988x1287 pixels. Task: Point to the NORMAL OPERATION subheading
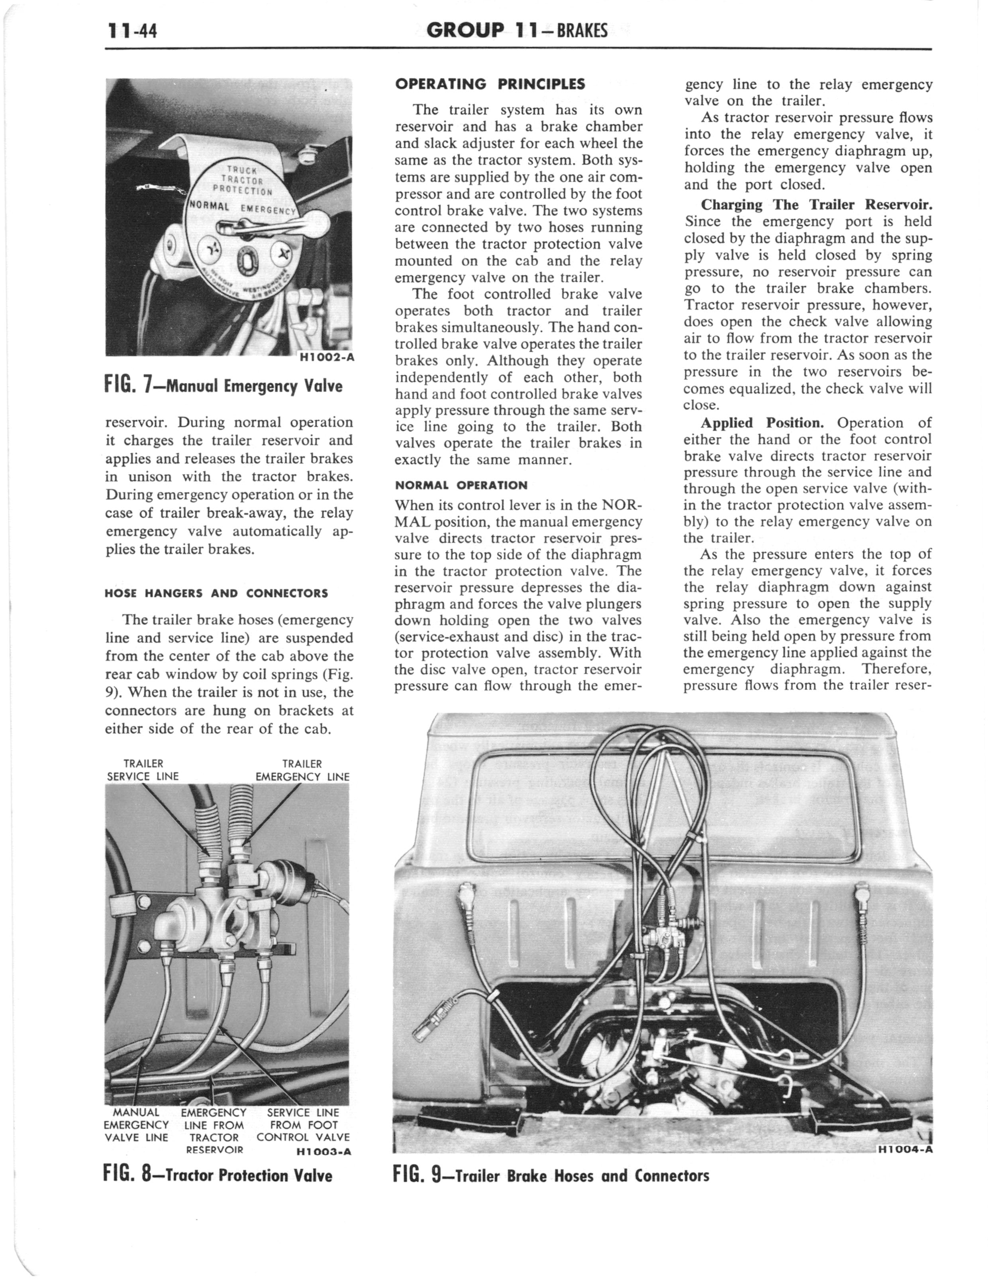tap(461, 485)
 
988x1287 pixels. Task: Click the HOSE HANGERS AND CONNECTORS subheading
tap(216, 593)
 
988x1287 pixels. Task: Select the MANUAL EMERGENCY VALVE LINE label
tap(136, 1125)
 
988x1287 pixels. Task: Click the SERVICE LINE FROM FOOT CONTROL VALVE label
tap(303, 1125)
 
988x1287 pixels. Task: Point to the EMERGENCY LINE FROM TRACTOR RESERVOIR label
tap(214, 1130)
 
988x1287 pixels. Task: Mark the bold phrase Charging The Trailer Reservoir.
tap(817, 205)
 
